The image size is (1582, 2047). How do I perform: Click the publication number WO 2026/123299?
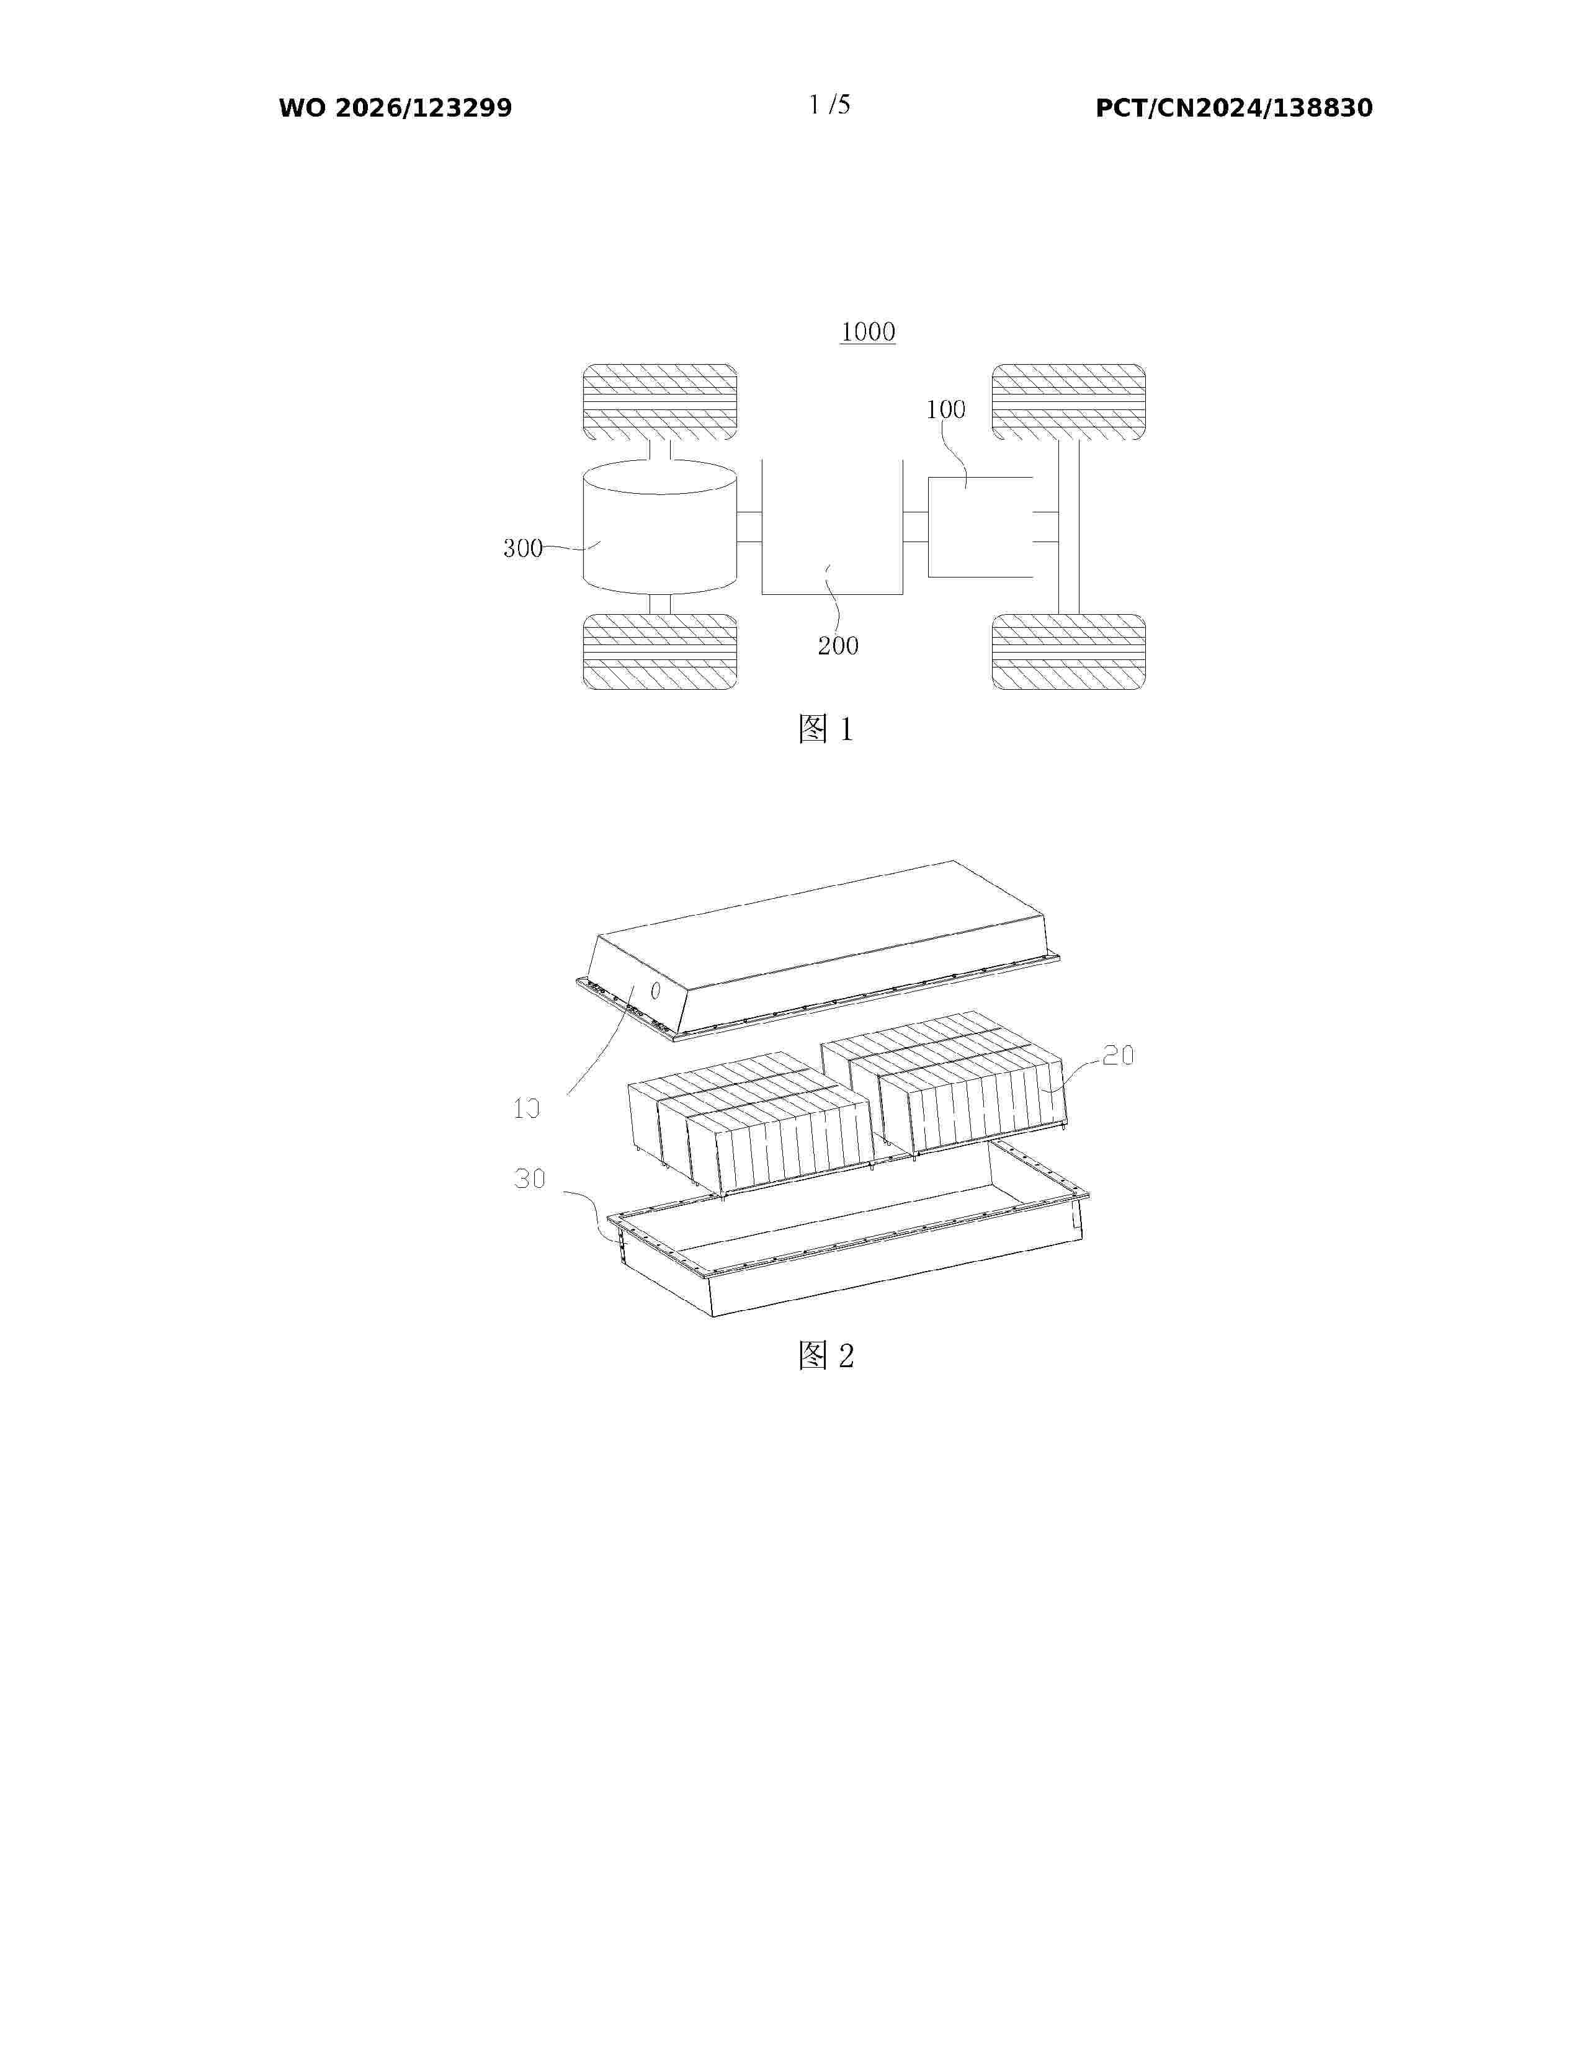(396, 108)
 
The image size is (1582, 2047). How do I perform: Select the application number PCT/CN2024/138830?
(1235, 108)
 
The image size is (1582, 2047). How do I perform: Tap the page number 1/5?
(829, 104)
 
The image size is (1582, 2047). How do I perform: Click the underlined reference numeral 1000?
(868, 332)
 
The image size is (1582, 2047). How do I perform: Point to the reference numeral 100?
(945, 409)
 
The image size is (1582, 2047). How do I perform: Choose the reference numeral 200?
(838, 646)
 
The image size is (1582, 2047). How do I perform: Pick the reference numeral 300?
(523, 548)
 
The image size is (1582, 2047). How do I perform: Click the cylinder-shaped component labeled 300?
(660, 527)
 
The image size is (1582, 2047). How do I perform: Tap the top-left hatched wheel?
(660, 402)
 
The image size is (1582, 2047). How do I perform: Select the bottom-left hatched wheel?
(660, 651)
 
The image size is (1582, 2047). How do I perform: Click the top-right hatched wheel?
(1068, 402)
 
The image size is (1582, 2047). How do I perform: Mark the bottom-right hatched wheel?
(1068, 651)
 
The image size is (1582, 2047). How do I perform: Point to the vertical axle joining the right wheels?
(1068, 527)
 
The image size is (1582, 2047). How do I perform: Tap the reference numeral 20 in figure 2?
(1118, 1055)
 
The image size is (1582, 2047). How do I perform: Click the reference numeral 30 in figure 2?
(530, 1178)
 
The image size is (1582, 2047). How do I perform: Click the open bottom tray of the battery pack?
(849, 1228)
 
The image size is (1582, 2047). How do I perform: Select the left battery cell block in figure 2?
(751, 1124)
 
